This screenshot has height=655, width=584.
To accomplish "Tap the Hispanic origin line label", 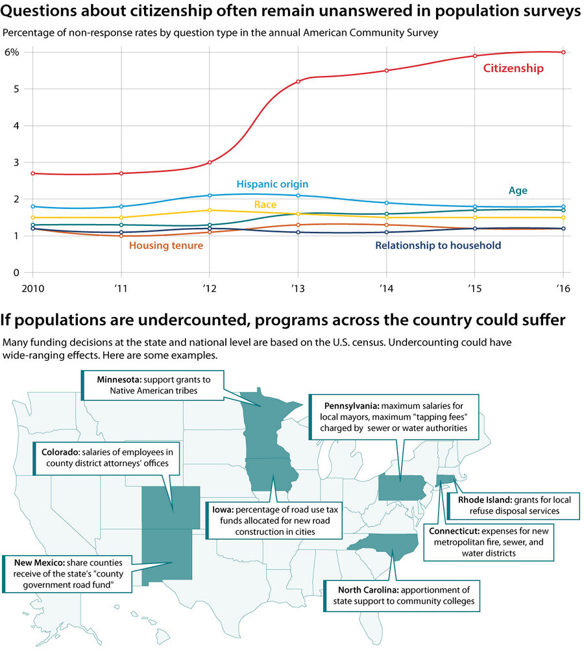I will [x=272, y=184].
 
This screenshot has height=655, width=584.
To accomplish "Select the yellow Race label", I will [x=265, y=204].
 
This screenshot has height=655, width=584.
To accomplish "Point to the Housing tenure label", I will [x=166, y=245].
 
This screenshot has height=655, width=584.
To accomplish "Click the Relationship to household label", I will [x=438, y=245].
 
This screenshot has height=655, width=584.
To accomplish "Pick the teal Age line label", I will [x=518, y=191].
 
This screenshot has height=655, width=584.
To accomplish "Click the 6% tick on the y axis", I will [x=12, y=52].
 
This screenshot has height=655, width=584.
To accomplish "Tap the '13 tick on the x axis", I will [x=298, y=289].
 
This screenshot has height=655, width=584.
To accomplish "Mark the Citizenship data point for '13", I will [x=298, y=81].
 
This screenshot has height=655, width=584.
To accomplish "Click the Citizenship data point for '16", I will [x=563, y=52].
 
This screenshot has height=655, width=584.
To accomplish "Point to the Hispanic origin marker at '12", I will [x=210, y=195].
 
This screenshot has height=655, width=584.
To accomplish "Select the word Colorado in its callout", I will [x=60, y=451].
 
